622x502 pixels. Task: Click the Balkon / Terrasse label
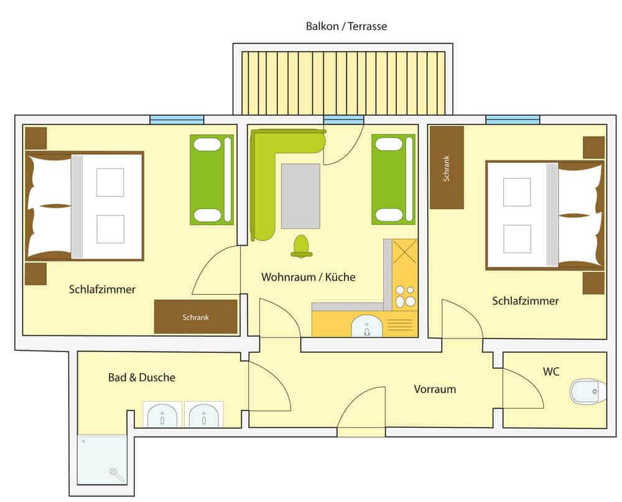coord(346,26)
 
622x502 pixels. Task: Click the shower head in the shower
coord(116,474)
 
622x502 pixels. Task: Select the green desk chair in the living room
coord(301,246)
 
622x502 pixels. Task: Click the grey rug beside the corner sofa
coord(300,196)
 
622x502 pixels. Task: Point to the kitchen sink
coord(367,326)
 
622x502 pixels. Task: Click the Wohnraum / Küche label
coord(309,277)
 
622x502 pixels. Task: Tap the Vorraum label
coord(435,389)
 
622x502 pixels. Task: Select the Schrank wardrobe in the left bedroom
coord(195,317)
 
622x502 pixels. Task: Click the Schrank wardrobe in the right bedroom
coord(447,168)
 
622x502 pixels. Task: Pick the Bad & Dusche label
coord(142,377)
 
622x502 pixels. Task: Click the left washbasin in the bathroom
coord(162,415)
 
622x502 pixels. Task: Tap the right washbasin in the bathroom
coord(204,415)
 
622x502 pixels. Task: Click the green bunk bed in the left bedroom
coord(212,180)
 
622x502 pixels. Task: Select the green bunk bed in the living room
coord(393,179)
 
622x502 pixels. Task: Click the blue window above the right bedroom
coord(513,119)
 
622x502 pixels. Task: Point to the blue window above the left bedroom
coord(177,119)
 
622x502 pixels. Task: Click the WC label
coord(551,372)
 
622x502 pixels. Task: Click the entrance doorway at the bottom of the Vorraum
coord(361,432)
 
